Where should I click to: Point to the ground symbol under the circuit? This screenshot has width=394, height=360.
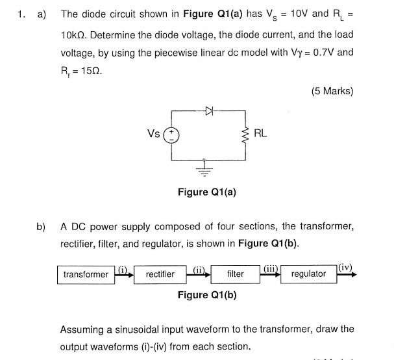206,169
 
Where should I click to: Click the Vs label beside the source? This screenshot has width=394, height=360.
154,134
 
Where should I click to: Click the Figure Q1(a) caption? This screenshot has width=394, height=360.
206,192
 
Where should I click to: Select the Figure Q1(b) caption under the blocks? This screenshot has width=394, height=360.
206,294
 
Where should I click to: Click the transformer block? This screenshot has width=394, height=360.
86,274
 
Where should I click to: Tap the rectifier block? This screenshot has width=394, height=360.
160,274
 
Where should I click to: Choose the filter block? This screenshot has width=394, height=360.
235,274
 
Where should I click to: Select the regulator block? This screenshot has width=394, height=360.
309,274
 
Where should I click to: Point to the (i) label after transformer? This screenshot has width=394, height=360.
123,268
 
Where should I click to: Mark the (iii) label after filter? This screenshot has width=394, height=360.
271,268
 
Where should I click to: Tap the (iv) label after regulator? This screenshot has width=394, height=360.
347,266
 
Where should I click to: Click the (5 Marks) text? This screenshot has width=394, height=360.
332,91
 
